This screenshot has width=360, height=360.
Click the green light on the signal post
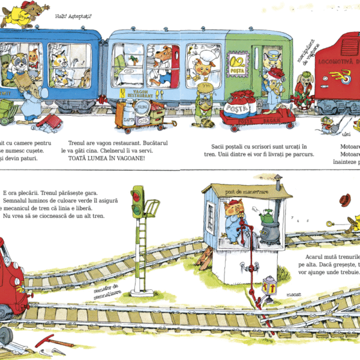pos(137,195)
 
